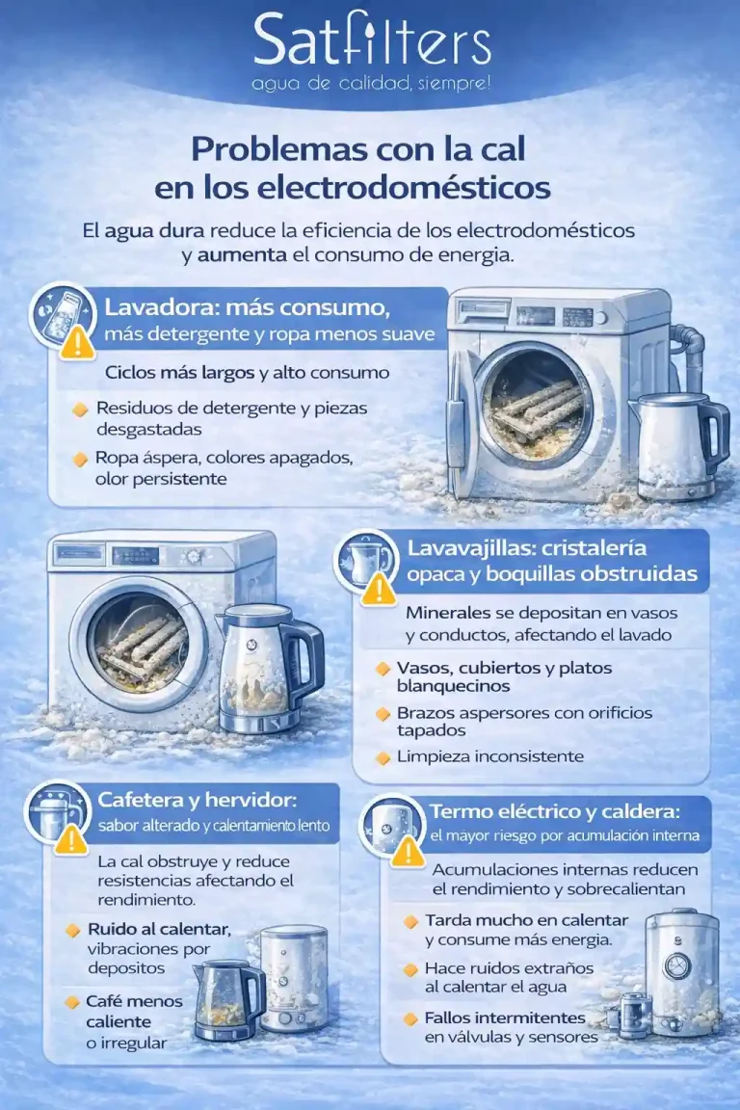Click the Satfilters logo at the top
point(371,43)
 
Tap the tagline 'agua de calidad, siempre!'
point(371,84)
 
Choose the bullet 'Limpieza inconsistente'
point(489,756)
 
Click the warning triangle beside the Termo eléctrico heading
point(408,850)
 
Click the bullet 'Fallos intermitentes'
point(505,1017)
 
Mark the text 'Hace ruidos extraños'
point(509,967)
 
